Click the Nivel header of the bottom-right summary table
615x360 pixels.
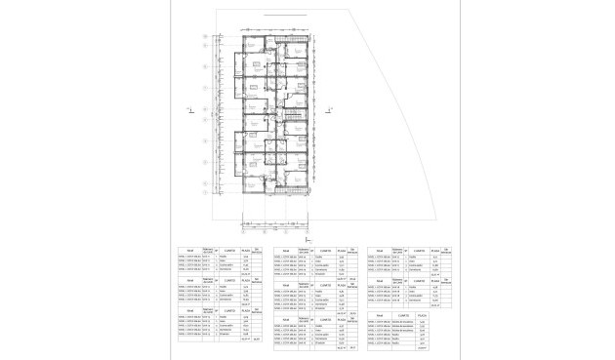coord(376,316)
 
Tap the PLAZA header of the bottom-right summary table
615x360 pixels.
coord(422,316)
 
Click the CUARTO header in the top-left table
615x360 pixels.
coord(225,249)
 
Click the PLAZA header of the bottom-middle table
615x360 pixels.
coord(341,316)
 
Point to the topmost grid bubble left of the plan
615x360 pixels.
coord(203,39)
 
